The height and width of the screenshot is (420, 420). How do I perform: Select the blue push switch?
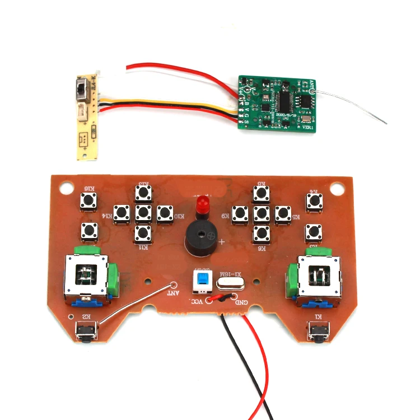point(202,280)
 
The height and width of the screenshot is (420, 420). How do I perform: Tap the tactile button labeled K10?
point(165,213)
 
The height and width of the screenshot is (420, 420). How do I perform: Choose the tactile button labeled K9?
point(240,213)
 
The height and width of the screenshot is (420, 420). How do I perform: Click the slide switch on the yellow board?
point(81,90)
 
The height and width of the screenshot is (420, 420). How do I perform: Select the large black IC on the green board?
point(286,101)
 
